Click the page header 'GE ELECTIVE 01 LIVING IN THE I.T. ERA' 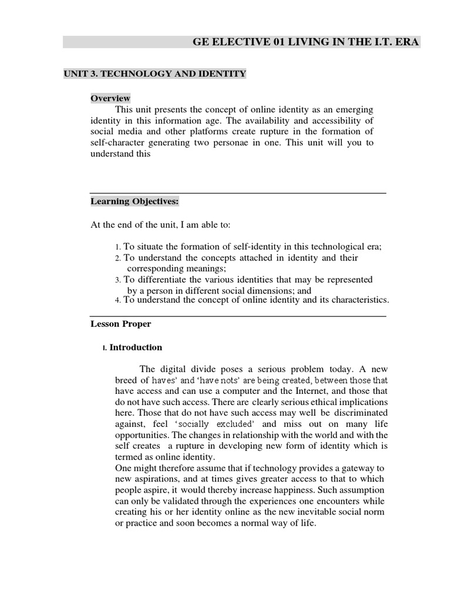(307, 42)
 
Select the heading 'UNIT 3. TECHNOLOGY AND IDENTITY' (154, 73)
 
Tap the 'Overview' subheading (110, 98)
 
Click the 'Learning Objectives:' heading (134, 202)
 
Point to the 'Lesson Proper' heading (120, 323)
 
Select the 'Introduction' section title (136, 347)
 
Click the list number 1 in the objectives (117, 248)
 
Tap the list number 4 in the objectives (117, 300)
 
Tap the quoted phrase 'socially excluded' (220, 424)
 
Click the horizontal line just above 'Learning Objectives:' (238, 193)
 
